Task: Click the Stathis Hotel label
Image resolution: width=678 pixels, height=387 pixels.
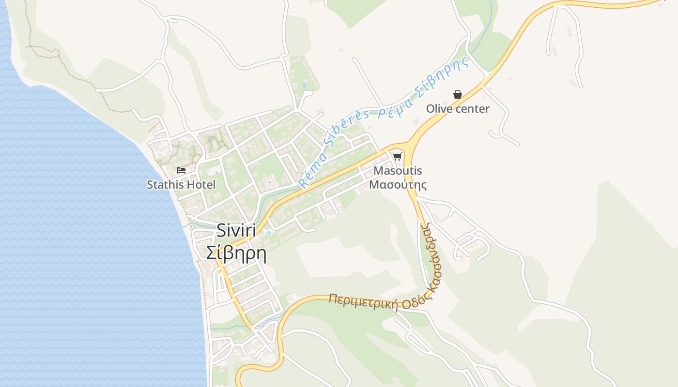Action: click(181, 185)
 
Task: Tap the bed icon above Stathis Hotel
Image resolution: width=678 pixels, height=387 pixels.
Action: click(181, 170)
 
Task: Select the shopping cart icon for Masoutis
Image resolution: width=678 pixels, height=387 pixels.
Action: click(398, 156)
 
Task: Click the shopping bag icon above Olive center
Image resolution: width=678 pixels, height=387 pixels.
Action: click(457, 94)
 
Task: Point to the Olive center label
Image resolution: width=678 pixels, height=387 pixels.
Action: click(458, 109)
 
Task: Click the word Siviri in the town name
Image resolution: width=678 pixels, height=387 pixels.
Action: click(237, 231)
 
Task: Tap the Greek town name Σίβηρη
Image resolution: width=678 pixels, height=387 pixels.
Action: click(237, 253)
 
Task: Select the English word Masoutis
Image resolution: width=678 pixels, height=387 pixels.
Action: click(398, 171)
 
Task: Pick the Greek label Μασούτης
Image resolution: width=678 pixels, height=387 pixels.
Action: click(398, 185)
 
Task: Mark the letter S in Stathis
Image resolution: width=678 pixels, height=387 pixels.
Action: click(150, 185)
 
